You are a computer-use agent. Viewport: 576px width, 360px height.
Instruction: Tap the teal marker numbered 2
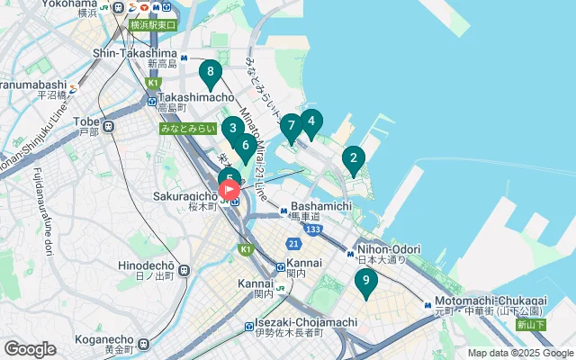353,160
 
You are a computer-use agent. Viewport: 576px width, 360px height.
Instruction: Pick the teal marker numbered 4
310,121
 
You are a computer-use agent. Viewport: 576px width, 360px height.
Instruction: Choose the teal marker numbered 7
291,128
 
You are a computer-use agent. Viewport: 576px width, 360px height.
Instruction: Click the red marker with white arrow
229,190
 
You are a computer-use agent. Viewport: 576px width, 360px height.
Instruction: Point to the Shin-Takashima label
136,53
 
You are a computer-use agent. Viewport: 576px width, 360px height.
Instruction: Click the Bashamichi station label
319,206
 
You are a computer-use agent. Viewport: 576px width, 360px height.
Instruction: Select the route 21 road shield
293,244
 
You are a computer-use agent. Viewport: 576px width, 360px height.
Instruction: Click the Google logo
30,348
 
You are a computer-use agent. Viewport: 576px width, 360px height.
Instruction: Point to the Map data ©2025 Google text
519,354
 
